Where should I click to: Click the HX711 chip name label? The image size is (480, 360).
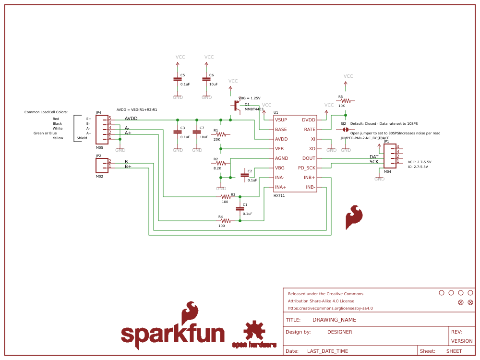click(279, 196)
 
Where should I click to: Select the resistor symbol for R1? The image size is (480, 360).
click(221, 134)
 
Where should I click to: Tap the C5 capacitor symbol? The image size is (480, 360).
click(178, 79)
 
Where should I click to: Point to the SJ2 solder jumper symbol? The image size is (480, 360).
click(345, 130)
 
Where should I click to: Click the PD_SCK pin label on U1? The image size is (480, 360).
click(306, 168)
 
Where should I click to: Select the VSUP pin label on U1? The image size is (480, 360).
click(281, 120)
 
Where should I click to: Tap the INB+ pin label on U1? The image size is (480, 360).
click(309, 178)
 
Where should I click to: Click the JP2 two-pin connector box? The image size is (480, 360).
click(102, 165)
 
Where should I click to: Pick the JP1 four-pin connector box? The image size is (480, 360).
click(390, 156)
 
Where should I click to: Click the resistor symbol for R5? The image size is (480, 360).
click(345, 101)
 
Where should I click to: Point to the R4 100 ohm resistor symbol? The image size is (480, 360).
click(226, 221)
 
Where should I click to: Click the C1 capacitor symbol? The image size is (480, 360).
click(240, 209)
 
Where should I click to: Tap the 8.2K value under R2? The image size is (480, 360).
click(217, 168)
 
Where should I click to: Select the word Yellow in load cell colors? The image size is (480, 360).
click(58, 138)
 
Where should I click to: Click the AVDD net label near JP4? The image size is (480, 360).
click(131, 119)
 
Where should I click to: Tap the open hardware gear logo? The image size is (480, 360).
click(254, 331)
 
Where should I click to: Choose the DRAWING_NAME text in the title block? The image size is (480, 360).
click(334, 320)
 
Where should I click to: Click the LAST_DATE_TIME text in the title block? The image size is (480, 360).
click(327, 351)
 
